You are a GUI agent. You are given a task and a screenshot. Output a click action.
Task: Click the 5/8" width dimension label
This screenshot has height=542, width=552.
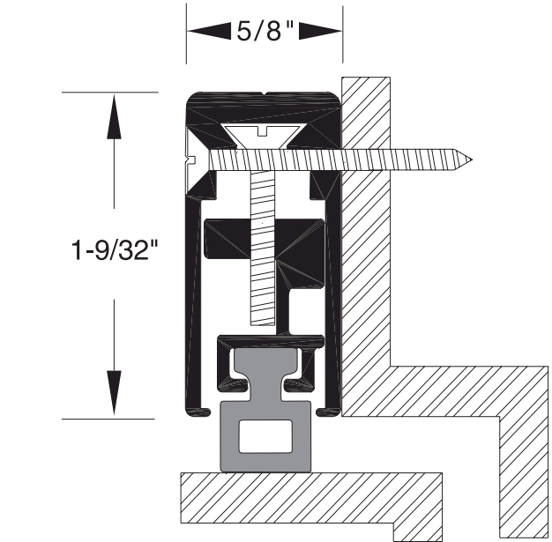coord(265,31)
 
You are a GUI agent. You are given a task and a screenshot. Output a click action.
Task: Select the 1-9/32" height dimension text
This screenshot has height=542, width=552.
coord(114,253)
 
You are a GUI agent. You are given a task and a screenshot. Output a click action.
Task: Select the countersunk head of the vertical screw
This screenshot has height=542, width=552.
coord(265,134)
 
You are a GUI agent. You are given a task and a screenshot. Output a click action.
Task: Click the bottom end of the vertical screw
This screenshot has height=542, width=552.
coord(265,322)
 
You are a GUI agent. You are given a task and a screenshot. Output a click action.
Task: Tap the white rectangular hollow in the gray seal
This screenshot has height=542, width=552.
coord(264,436)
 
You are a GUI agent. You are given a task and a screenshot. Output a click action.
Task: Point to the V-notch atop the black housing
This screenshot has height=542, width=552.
coord(265,94)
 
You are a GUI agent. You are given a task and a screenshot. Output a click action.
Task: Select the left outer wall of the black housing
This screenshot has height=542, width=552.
coord(190,291)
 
